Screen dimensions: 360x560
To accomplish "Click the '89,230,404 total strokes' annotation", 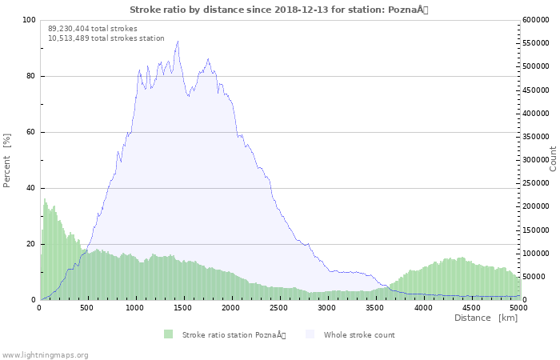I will (92, 29).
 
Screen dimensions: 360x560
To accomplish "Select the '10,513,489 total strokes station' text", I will (106, 38).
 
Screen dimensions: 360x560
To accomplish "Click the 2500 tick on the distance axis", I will (280, 307).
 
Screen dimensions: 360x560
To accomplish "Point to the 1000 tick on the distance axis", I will (136, 307).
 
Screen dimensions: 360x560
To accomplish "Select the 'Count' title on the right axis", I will (553, 158).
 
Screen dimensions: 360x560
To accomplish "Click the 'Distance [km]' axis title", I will (486, 318).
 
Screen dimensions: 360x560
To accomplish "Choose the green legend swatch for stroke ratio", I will (168, 334).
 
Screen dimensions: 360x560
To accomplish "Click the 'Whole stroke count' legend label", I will (359, 334).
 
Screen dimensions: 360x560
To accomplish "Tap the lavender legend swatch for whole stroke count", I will (310, 334).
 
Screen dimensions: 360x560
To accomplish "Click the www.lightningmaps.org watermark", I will (45, 354).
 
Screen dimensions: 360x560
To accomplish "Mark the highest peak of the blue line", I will (178, 42).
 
